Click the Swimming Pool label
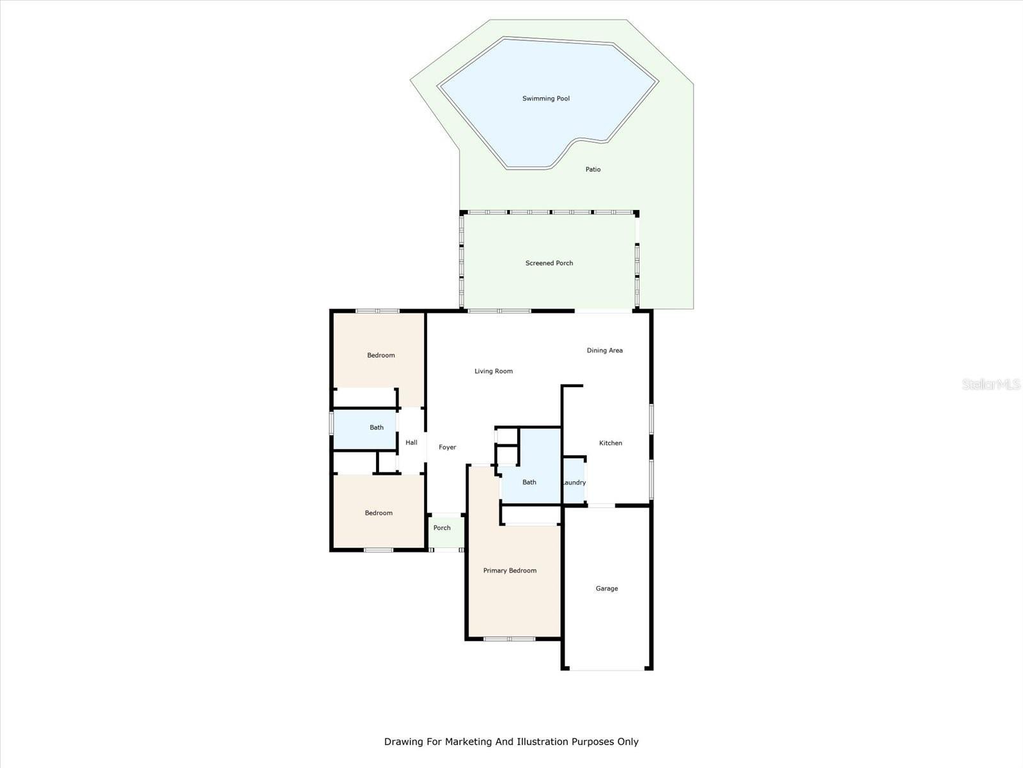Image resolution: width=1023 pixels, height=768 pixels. click(x=546, y=99)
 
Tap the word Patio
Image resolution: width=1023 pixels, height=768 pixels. click(x=593, y=169)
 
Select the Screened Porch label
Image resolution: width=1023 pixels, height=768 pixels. click(x=549, y=263)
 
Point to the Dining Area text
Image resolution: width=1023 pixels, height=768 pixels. click(x=604, y=350)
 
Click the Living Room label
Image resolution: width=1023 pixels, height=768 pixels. click(x=494, y=371)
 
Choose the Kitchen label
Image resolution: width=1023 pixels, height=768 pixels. click(x=611, y=443)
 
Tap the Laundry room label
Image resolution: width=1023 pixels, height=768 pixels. click(x=574, y=483)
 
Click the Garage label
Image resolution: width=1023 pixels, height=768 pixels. click(x=607, y=588)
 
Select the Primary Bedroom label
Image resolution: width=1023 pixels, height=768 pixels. click(x=510, y=570)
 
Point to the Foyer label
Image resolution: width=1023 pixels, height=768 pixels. click(x=448, y=447)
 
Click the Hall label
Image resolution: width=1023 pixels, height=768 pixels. click(x=411, y=442)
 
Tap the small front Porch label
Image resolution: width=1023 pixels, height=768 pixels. click(x=442, y=528)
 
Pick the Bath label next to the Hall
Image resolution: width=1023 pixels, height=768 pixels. click(x=377, y=427)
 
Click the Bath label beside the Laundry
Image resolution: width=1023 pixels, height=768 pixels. click(x=529, y=482)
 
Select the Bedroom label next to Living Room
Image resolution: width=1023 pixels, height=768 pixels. click(x=381, y=355)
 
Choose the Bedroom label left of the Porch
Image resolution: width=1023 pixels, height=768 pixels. click(x=379, y=513)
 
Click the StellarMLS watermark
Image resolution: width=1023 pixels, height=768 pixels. click(x=991, y=384)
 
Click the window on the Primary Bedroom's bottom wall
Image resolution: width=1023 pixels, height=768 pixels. click(x=510, y=639)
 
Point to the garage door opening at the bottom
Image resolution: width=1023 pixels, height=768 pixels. click(x=607, y=669)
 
